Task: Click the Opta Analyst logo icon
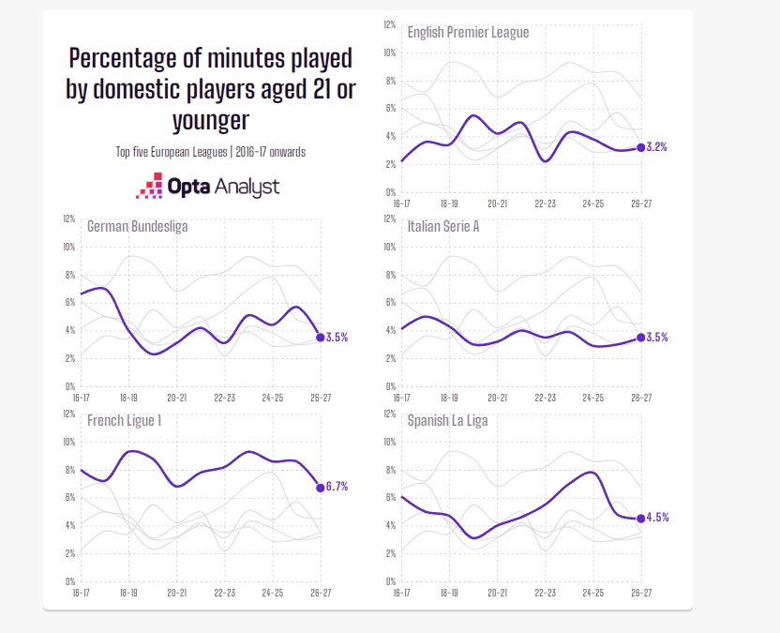(150, 186)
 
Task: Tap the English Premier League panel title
(468, 32)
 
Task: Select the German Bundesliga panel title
(137, 226)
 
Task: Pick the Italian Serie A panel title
(443, 226)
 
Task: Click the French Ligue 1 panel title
(124, 420)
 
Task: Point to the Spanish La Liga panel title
(448, 421)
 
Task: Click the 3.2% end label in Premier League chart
(656, 147)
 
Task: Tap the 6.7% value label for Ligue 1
(337, 486)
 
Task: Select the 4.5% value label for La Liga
(657, 518)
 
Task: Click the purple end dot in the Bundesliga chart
(321, 338)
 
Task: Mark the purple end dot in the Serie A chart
(640, 338)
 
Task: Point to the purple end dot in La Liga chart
(640, 518)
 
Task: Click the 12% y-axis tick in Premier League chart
(389, 24)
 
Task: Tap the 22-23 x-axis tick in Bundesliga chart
(225, 398)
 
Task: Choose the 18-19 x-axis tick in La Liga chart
(449, 593)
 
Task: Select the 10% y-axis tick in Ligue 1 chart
(69, 442)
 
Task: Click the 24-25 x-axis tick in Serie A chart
(592, 398)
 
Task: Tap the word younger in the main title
(211, 120)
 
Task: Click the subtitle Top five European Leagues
(172, 152)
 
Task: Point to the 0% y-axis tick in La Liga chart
(391, 581)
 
